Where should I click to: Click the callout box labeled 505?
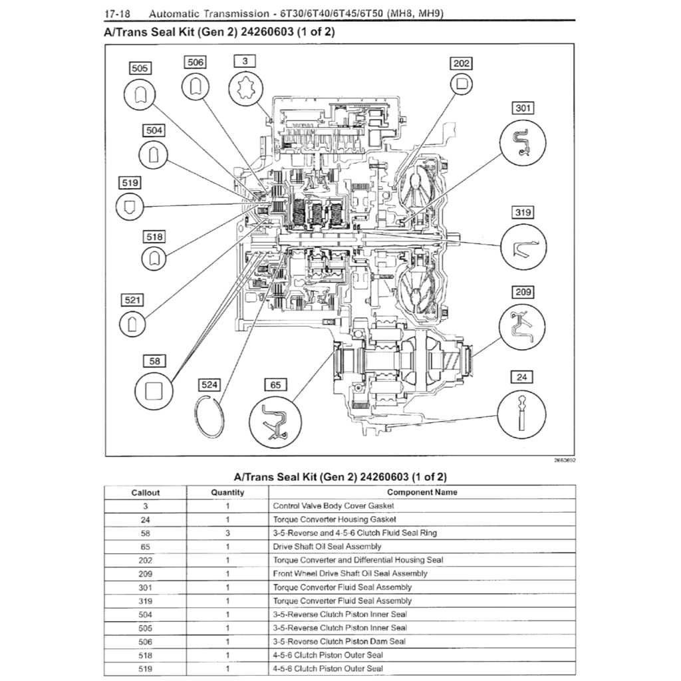(x=140, y=68)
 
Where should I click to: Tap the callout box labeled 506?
(x=194, y=62)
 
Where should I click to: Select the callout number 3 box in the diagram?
(x=245, y=61)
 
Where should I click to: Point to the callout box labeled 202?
(x=462, y=63)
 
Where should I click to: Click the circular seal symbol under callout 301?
(x=523, y=142)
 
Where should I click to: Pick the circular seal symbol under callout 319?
(x=523, y=247)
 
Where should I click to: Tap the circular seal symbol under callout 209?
(x=522, y=326)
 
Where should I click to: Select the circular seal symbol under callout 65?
(x=275, y=420)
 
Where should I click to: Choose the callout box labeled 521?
(x=132, y=301)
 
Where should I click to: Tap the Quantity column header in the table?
(x=227, y=493)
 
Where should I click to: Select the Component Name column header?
(x=422, y=493)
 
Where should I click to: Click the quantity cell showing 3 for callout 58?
(x=227, y=533)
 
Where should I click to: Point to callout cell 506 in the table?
(x=146, y=642)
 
